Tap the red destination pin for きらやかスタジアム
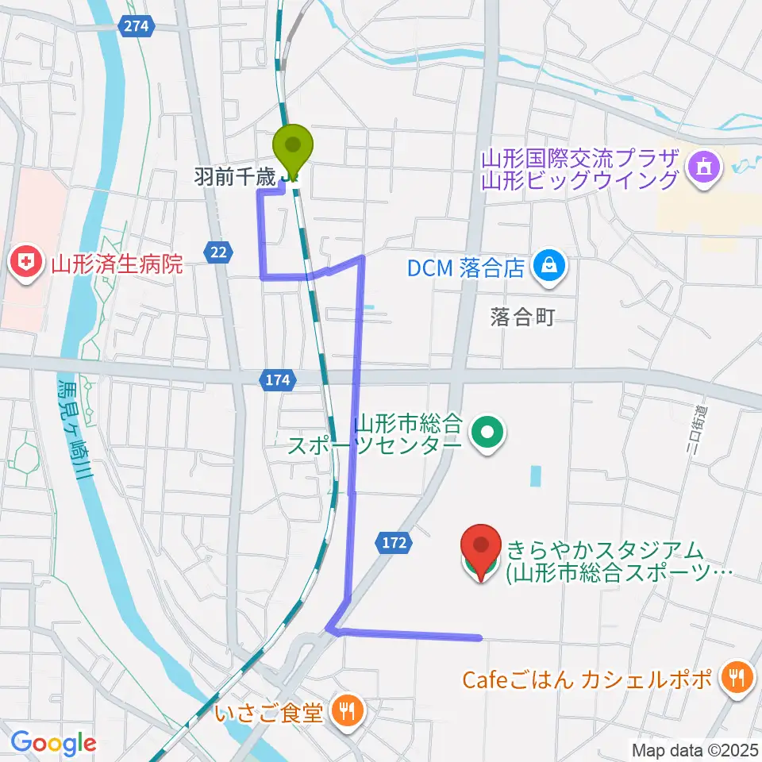tap(482, 548)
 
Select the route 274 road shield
tap(137, 26)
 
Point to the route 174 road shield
tap(278, 380)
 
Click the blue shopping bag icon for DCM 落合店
tap(549, 267)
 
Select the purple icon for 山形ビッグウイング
tap(704, 167)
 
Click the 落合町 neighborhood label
tap(521, 317)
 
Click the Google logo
tap(54, 743)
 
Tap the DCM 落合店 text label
tap(466, 267)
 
